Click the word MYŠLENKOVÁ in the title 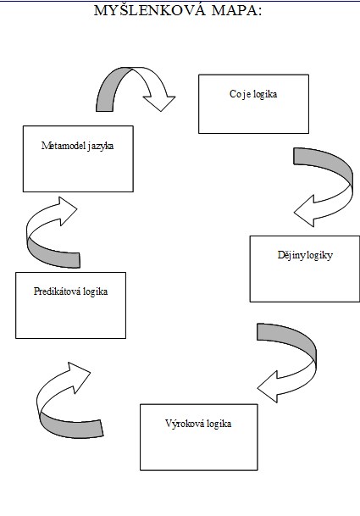pyautogui.click(x=150, y=10)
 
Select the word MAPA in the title pyautogui.click(x=237, y=10)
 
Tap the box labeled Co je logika pyautogui.click(x=253, y=104)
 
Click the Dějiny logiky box pyautogui.click(x=305, y=269)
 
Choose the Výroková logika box pyautogui.click(x=199, y=437)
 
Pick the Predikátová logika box pyautogui.click(x=71, y=305)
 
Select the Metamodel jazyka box pyautogui.click(x=78, y=158)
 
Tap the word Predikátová pyautogui.click(x=58, y=291)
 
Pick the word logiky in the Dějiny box pyautogui.click(x=317, y=256)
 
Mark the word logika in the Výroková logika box pyautogui.click(x=219, y=424)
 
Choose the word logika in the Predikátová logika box pyautogui.click(x=96, y=292)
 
